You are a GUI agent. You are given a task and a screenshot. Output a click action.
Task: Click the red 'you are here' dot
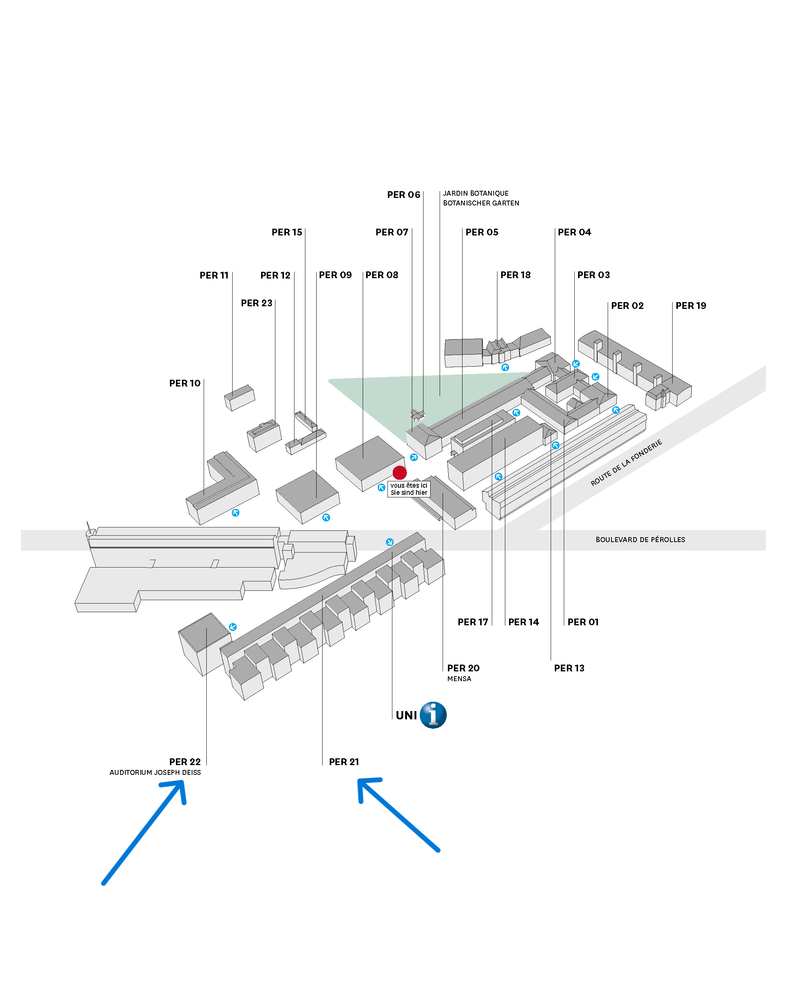point(400,472)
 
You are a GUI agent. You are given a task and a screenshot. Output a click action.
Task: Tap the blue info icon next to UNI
point(433,715)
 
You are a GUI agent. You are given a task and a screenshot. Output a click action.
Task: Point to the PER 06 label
point(404,195)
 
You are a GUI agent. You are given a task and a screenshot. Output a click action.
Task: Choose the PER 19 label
point(691,306)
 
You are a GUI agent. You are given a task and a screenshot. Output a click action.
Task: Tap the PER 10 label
point(185,383)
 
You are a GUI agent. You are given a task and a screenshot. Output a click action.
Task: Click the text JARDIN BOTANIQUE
point(476,193)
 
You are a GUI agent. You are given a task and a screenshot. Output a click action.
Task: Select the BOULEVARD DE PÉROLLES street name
point(640,539)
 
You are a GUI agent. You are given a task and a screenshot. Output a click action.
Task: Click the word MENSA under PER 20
point(459,679)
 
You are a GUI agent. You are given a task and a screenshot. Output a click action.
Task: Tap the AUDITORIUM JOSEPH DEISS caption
point(155,773)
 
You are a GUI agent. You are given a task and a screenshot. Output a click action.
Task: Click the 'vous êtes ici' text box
point(409,489)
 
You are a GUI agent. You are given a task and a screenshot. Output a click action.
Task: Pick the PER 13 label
point(569,668)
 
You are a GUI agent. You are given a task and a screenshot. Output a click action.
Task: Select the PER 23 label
point(257,303)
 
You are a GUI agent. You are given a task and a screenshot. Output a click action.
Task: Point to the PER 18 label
point(516,275)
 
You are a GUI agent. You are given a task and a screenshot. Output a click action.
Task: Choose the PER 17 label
point(473,622)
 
